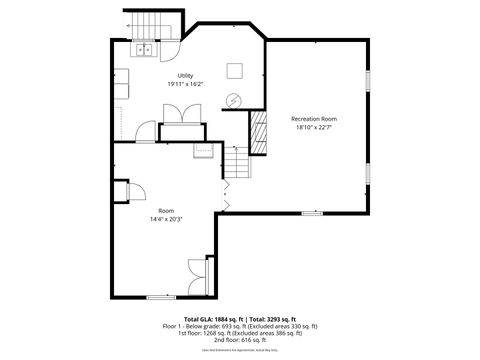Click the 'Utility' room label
coord(185,76)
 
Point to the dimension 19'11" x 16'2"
coord(185,85)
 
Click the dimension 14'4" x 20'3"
coord(166,219)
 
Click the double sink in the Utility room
coord(145,48)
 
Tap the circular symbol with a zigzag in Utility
coord(233,99)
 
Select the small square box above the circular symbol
coord(234,69)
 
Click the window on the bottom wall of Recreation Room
coord(312,213)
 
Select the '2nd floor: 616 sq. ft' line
coord(240,340)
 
